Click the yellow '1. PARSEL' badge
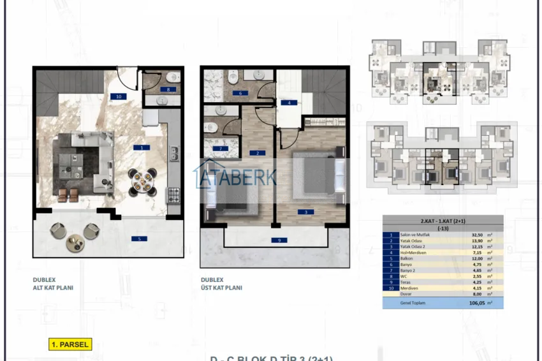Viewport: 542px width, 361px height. [70, 344]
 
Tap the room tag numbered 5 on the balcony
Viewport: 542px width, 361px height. [135, 239]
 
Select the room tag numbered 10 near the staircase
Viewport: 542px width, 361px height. [117, 96]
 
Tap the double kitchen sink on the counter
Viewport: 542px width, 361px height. [173, 154]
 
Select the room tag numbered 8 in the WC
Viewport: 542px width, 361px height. [168, 90]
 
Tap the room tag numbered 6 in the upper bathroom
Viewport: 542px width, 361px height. [240, 93]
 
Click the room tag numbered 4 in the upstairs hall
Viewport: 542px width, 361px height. [288, 102]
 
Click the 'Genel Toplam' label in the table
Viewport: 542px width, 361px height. [411, 304]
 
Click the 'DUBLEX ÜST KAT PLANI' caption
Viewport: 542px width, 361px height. [221, 284]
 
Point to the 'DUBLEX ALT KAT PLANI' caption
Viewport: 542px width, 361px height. [53, 284]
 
